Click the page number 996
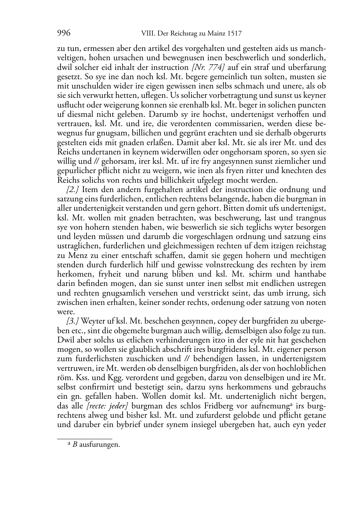point(63,34)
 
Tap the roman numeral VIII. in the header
point(145,34)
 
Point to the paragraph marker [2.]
point(73,190)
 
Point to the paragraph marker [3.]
point(73,321)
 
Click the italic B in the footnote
point(75,445)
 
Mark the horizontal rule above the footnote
point(85,438)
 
